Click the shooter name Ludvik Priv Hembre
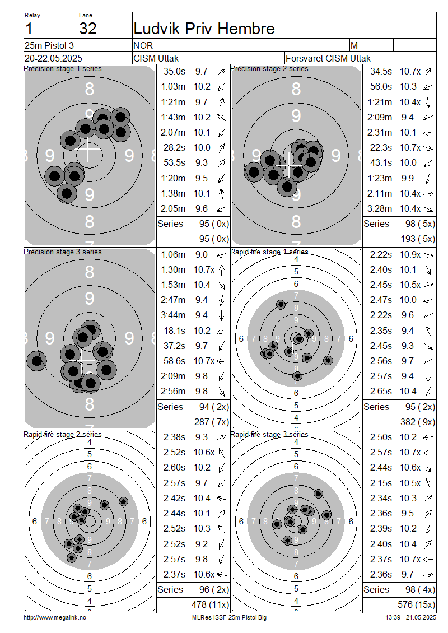[x=204, y=29]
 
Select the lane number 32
[x=88, y=29]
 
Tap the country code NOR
[x=143, y=45]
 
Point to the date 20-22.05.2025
[x=53, y=58]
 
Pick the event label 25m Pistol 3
[x=49, y=45]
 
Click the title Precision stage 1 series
[x=63, y=69]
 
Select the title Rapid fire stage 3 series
[x=269, y=434]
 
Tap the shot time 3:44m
[x=173, y=315]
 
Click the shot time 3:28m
[x=380, y=209]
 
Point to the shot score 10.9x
[x=410, y=255]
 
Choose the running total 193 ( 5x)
[x=418, y=239]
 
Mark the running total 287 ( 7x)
[x=212, y=422]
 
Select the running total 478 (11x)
[x=210, y=605]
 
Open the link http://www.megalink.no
[x=55, y=618]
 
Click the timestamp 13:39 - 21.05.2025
[x=410, y=618]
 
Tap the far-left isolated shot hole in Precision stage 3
[x=37, y=361]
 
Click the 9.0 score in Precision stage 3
[x=202, y=255]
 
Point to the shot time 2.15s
[x=381, y=483]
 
